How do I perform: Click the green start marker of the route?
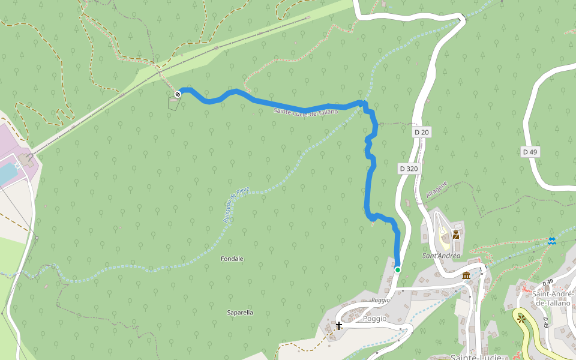point(397,270)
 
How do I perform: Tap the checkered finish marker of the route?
point(178,94)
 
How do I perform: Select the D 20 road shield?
point(422,132)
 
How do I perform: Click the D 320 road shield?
point(408,169)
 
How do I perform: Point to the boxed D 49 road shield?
point(529,152)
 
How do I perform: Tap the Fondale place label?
point(232,259)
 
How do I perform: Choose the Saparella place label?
point(240,313)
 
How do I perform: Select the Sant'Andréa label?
point(441,256)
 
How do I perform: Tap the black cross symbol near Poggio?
point(339,325)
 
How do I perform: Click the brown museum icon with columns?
point(466,275)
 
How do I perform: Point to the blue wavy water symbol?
point(551,241)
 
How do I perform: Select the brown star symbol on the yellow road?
point(521,318)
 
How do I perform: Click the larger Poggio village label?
point(375,319)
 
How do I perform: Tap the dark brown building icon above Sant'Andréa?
point(456,235)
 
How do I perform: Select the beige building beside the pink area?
point(26,160)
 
